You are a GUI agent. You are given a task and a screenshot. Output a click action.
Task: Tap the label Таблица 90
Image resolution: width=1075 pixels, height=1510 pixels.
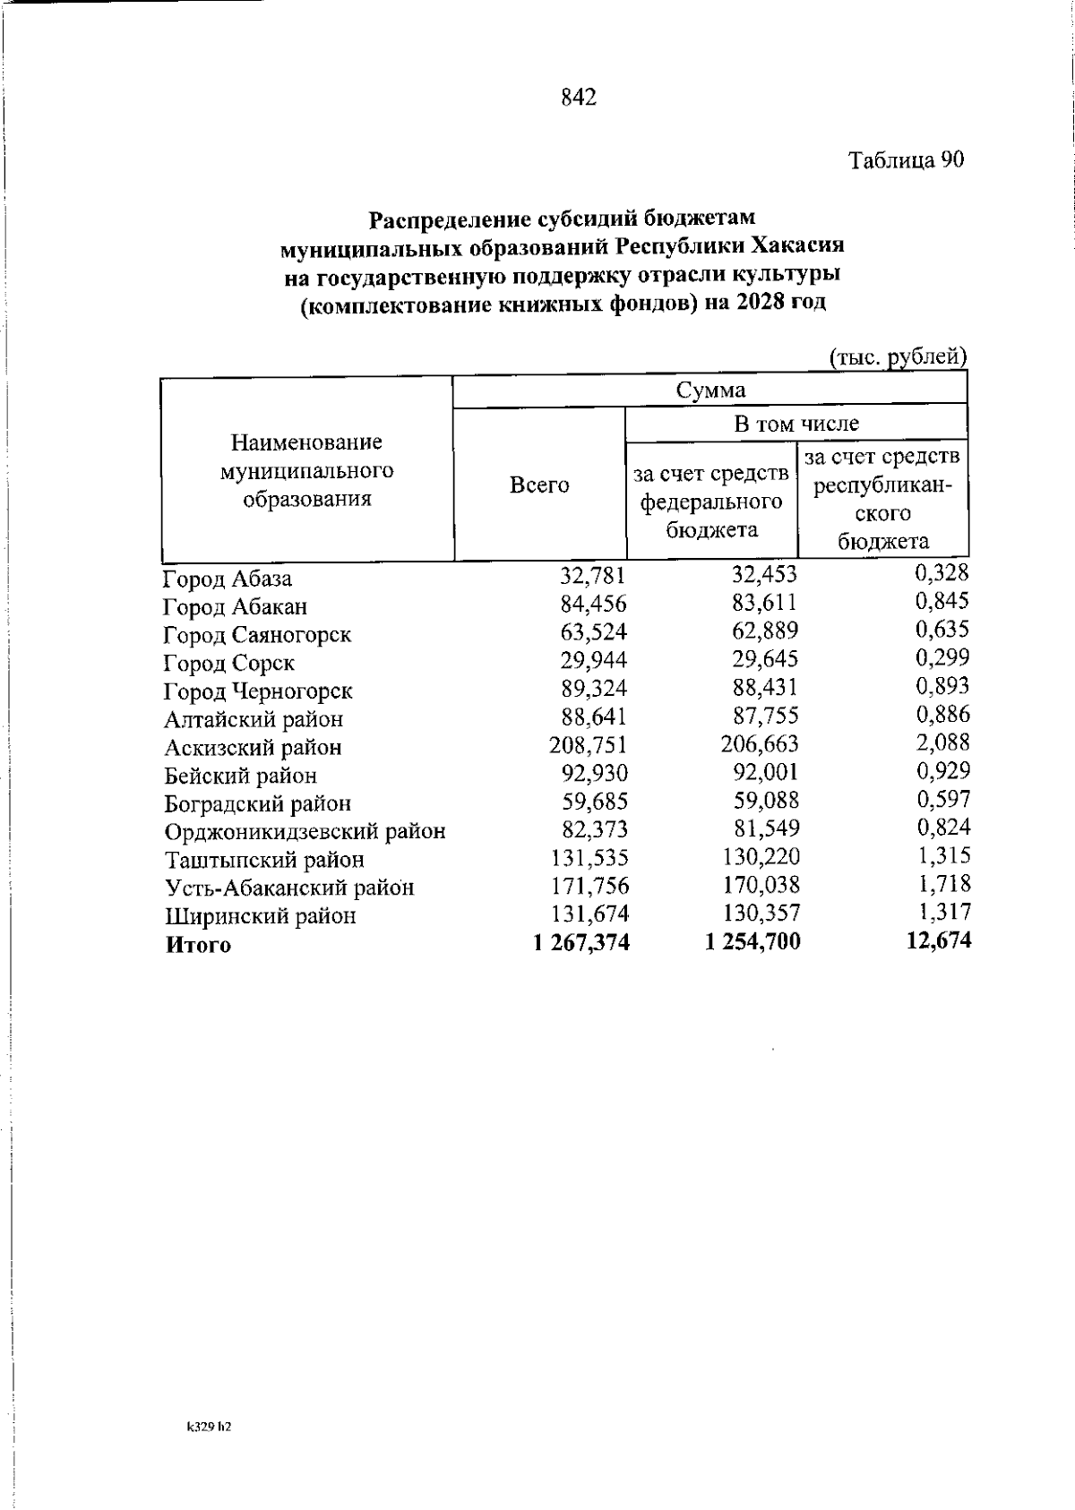tap(906, 160)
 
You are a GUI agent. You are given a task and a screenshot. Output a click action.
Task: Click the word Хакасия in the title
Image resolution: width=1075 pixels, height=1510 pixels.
tap(796, 245)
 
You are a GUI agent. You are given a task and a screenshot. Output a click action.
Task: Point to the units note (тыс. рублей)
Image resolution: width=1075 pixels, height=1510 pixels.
tap(898, 356)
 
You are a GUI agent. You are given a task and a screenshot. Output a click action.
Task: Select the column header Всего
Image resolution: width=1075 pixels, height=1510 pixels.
tap(539, 485)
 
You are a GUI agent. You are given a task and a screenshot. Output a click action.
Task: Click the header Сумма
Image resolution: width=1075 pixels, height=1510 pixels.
tap(709, 390)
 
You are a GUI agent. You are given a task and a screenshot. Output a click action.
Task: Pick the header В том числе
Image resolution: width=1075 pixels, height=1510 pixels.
tap(795, 424)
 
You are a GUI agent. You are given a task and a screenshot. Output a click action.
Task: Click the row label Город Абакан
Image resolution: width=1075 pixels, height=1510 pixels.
tap(236, 607)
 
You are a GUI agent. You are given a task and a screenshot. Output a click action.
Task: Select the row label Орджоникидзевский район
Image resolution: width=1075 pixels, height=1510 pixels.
tap(305, 832)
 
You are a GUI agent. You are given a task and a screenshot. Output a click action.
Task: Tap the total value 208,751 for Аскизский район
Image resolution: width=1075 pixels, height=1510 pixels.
tap(588, 746)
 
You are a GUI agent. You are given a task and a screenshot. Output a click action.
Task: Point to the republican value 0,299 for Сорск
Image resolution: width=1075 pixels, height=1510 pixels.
tap(942, 658)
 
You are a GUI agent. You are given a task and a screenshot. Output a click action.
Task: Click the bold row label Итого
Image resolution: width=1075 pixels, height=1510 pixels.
tap(198, 946)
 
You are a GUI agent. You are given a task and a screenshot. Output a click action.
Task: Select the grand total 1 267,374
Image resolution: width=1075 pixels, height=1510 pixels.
tap(580, 943)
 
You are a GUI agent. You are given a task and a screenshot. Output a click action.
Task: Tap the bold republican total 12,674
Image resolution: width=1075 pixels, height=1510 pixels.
tap(938, 940)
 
